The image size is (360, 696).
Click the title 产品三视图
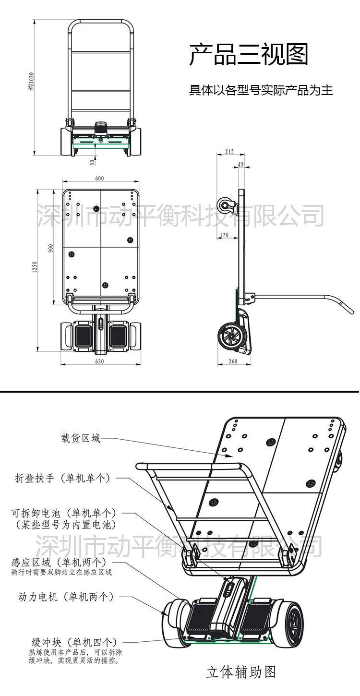click(x=249, y=55)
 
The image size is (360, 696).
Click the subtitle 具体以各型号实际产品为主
click(x=261, y=90)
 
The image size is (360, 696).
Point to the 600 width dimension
click(x=99, y=179)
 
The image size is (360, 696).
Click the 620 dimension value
click(x=100, y=361)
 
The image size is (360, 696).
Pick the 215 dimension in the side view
click(x=229, y=152)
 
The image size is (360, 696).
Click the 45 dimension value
click(x=240, y=164)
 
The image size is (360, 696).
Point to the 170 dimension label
click(x=223, y=235)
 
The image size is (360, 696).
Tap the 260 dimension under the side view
click(x=233, y=361)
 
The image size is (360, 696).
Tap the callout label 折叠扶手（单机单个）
click(x=63, y=478)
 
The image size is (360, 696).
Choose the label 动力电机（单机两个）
click(x=66, y=597)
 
